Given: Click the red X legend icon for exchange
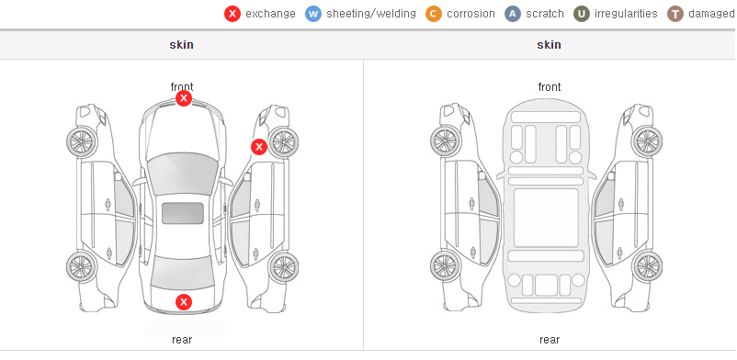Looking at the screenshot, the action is pyautogui.click(x=232, y=14).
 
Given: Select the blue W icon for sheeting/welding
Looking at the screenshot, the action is pyautogui.click(x=313, y=14).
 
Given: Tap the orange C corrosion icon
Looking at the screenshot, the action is pyautogui.click(x=434, y=14).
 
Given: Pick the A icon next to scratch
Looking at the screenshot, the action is pyautogui.click(x=513, y=14).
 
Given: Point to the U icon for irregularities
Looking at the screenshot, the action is pyautogui.click(x=582, y=14).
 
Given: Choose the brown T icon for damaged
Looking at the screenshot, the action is pyautogui.click(x=675, y=14).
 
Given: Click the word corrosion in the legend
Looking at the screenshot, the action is pyautogui.click(x=471, y=14).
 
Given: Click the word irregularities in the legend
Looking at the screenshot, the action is pyautogui.click(x=626, y=14).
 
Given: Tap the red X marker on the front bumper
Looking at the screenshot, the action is pyautogui.click(x=184, y=98).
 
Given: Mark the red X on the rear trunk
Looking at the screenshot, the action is pyautogui.click(x=184, y=302).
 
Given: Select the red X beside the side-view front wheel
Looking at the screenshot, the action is pyautogui.click(x=259, y=147).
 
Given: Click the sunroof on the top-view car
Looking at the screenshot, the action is pyautogui.click(x=183, y=213).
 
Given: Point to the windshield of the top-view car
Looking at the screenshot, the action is pyautogui.click(x=182, y=174).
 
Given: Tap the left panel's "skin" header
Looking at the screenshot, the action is pyautogui.click(x=181, y=45).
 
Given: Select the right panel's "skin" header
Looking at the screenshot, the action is pyautogui.click(x=549, y=45).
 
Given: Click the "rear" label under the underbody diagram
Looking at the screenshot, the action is pyautogui.click(x=550, y=339).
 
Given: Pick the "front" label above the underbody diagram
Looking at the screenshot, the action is pyautogui.click(x=550, y=87).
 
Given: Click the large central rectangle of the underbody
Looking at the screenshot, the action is pyautogui.click(x=546, y=218).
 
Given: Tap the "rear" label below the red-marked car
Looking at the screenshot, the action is pyautogui.click(x=182, y=339).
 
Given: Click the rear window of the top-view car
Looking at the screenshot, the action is pyautogui.click(x=183, y=273).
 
